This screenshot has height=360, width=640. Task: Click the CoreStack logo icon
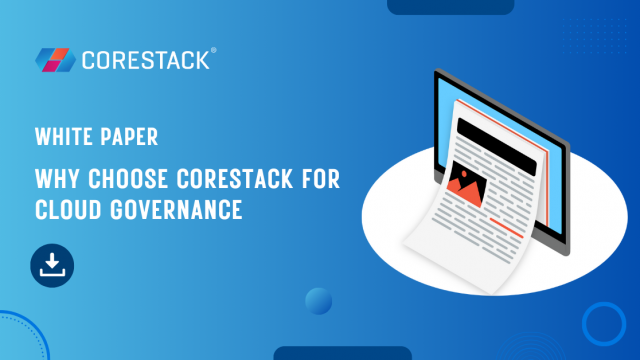[53, 60]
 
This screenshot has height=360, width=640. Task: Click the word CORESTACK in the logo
[145, 60]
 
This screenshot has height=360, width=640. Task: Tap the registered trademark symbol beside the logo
[212, 51]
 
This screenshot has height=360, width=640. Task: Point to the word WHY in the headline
[53, 180]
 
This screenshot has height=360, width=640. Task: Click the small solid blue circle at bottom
[319, 301]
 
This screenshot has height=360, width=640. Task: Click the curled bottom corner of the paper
[417, 239]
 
